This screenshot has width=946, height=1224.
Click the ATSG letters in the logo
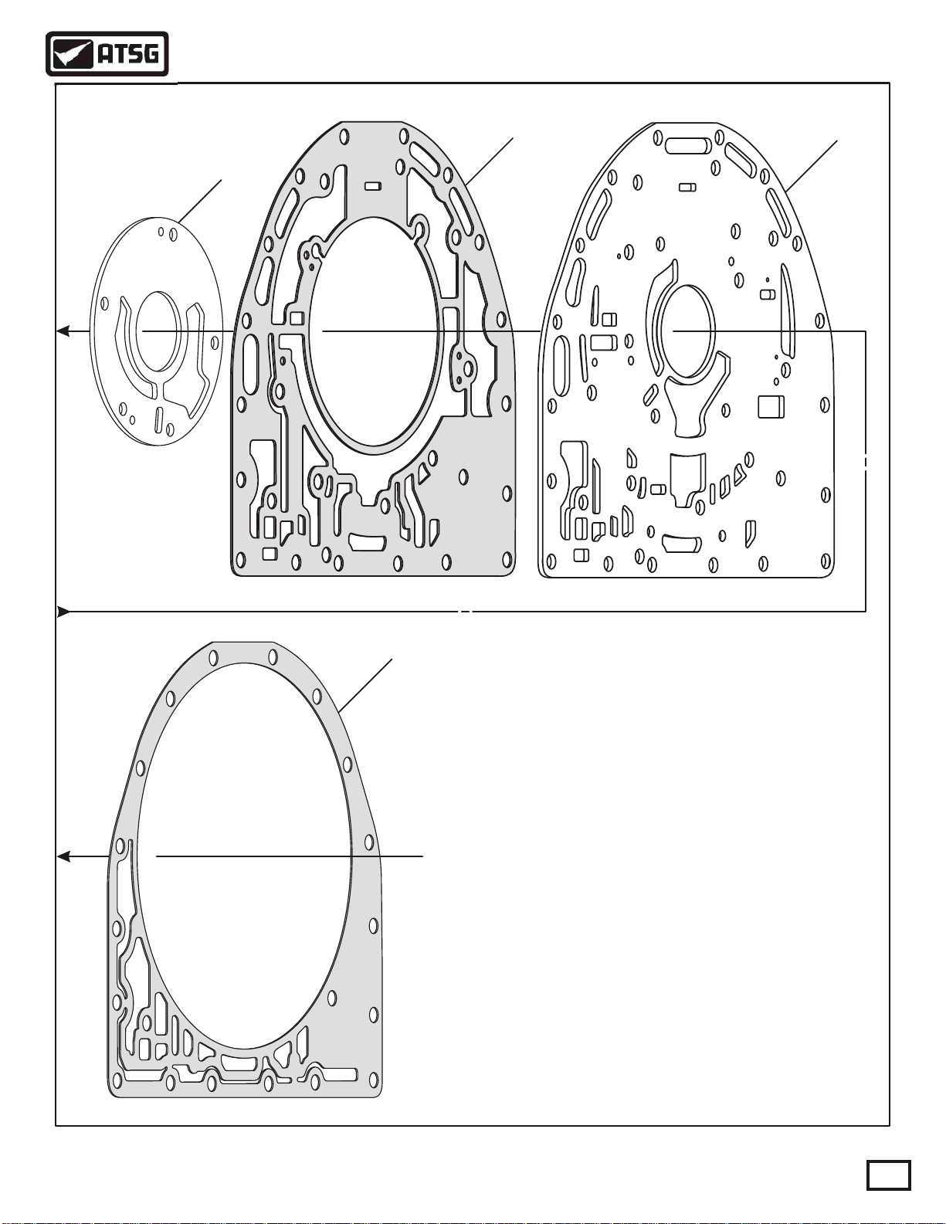coord(128,54)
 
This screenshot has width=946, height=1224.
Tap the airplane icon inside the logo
coord(72,55)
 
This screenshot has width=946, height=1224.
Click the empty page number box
coord(888,1175)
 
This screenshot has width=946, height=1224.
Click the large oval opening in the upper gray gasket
coord(374,332)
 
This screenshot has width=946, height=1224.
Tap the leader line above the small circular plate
coord(199,202)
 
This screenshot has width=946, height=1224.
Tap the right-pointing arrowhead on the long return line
coord(64,612)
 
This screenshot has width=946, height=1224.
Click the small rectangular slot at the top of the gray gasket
coord(372,186)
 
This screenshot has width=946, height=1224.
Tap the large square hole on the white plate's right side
coord(771,407)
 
